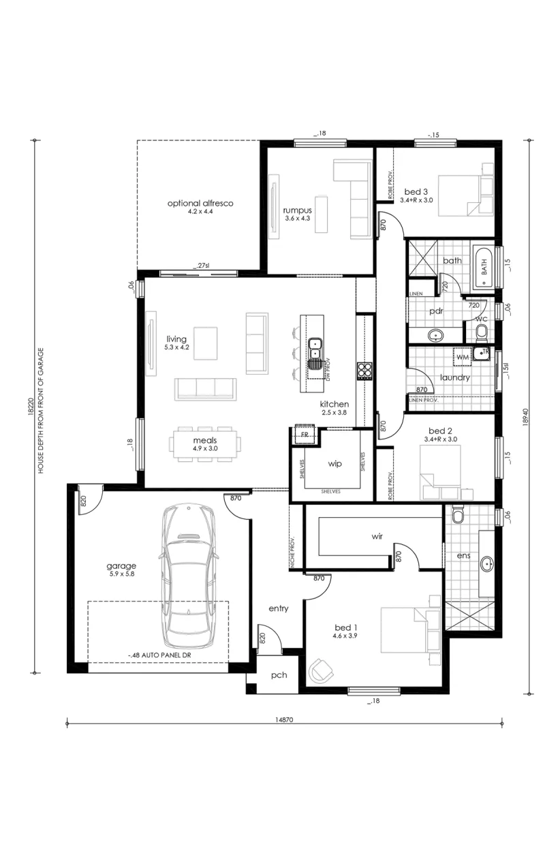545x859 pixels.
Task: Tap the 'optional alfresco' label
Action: click(200, 203)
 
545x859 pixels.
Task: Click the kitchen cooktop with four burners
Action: click(364, 371)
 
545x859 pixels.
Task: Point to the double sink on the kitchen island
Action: click(315, 353)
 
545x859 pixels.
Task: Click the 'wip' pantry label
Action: click(334, 464)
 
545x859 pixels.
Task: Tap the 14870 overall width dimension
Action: click(284, 720)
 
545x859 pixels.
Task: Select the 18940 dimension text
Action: click(526, 416)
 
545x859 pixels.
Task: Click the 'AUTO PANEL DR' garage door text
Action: click(159, 655)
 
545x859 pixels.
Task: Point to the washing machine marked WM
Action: click(463, 357)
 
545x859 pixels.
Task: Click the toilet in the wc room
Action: click(481, 332)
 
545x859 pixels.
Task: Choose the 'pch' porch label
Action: click(279, 675)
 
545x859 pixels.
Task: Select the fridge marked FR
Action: click(305, 434)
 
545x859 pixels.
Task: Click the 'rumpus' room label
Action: click(297, 210)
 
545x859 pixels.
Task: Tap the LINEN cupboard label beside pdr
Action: click(416, 294)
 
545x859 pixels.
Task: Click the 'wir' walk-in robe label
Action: click(377, 536)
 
